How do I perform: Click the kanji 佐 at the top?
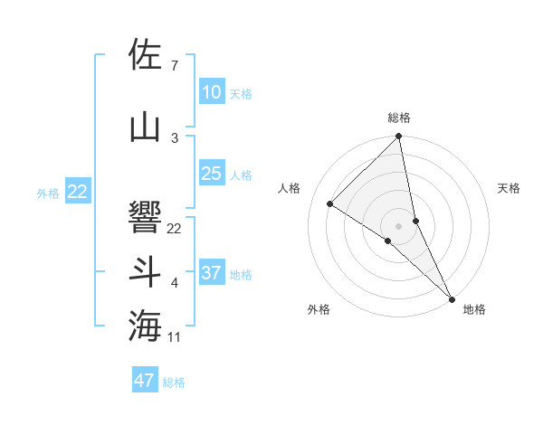(x=146, y=54)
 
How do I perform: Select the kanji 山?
(x=146, y=126)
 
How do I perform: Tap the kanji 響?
(x=146, y=217)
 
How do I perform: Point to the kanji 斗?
(x=146, y=272)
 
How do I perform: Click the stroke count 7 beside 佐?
(x=174, y=66)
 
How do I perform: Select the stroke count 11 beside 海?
(x=175, y=337)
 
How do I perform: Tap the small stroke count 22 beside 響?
(x=175, y=229)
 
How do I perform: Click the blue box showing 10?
(x=212, y=92)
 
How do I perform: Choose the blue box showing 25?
(x=212, y=174)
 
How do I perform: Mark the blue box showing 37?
(x=212, y=273)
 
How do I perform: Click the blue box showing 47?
(x=145, y=381)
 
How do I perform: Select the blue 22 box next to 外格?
(x=78, y=192)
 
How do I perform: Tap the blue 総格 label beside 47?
(x=175, y=382)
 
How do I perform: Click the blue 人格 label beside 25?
(x=241, y=175)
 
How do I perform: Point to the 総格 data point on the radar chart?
(x=398, y=137)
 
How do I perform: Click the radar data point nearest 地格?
(x=452, y=298)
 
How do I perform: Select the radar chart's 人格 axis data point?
(x=330, y=203)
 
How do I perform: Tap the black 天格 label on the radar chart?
(x=510, y=188)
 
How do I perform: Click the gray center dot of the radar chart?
(x=398, y=224)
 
